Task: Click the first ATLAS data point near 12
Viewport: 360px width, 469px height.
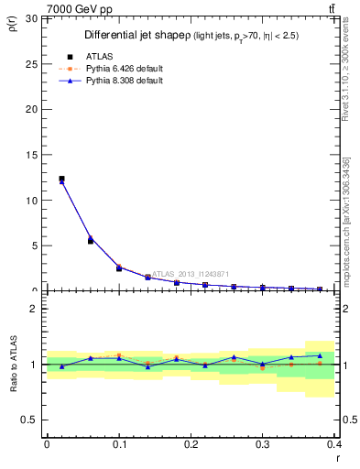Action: (x=61, y=179)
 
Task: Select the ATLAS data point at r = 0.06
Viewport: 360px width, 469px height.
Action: (x=91, y=241)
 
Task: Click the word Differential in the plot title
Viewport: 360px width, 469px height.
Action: (x=110, y=35)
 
